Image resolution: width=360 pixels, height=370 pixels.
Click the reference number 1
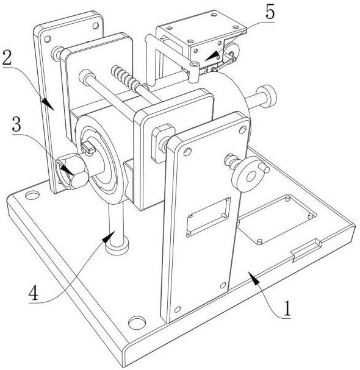click(287, 308)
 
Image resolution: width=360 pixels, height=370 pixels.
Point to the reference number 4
click(34, 293)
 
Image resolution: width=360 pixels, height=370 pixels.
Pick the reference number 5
click(270, 12)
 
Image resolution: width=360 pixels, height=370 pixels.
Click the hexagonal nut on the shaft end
click(71, 171)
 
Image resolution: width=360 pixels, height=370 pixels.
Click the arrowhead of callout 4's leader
click(109, 237)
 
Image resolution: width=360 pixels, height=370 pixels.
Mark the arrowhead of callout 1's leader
click(254, 278)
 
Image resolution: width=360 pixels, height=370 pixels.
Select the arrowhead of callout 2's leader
click(48, 104)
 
